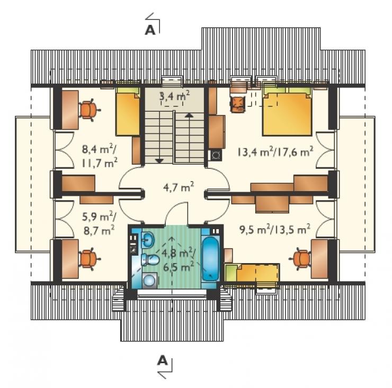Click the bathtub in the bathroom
(210, 259)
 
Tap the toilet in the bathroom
(150, 259)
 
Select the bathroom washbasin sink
(148, 240)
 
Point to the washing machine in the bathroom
(150, 281)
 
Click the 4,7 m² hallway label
(179, 187)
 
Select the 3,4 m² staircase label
(174, 96)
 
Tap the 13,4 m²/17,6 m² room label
(275, 151)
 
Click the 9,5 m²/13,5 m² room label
(275, 229)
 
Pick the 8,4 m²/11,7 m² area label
(100, 156)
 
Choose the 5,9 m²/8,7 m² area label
(99, 223)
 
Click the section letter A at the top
(150, 30)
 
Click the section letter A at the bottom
(162, 360)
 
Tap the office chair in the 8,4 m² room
(88, 110)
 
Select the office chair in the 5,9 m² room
(88, 259)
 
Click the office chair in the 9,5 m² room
(301, 259)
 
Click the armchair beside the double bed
(237, 104)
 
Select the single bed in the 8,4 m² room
(128, 112)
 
